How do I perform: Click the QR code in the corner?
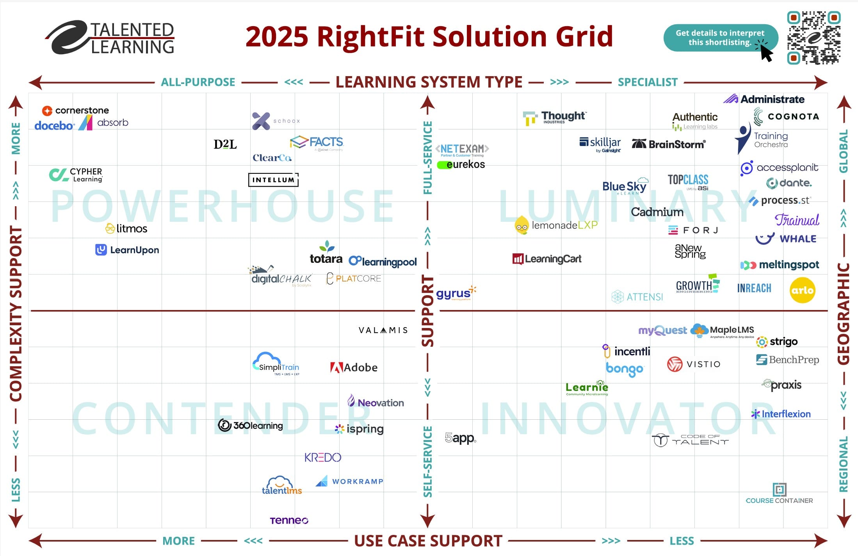813,37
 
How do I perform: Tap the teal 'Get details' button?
720,38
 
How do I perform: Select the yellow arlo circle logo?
802,290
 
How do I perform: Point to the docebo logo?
54,126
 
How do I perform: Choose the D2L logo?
225,144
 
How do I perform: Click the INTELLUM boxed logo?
273,180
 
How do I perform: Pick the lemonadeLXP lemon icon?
522,225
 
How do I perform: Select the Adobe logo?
354,367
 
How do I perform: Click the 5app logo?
460,438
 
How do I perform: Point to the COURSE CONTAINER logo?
779,494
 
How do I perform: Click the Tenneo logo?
289,520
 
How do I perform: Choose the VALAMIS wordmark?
383,330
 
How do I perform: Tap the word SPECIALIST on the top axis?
648,82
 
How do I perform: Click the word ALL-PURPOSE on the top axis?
198,82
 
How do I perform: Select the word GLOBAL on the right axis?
844,151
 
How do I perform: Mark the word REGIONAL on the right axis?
844,464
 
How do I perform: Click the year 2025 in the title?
277,36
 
